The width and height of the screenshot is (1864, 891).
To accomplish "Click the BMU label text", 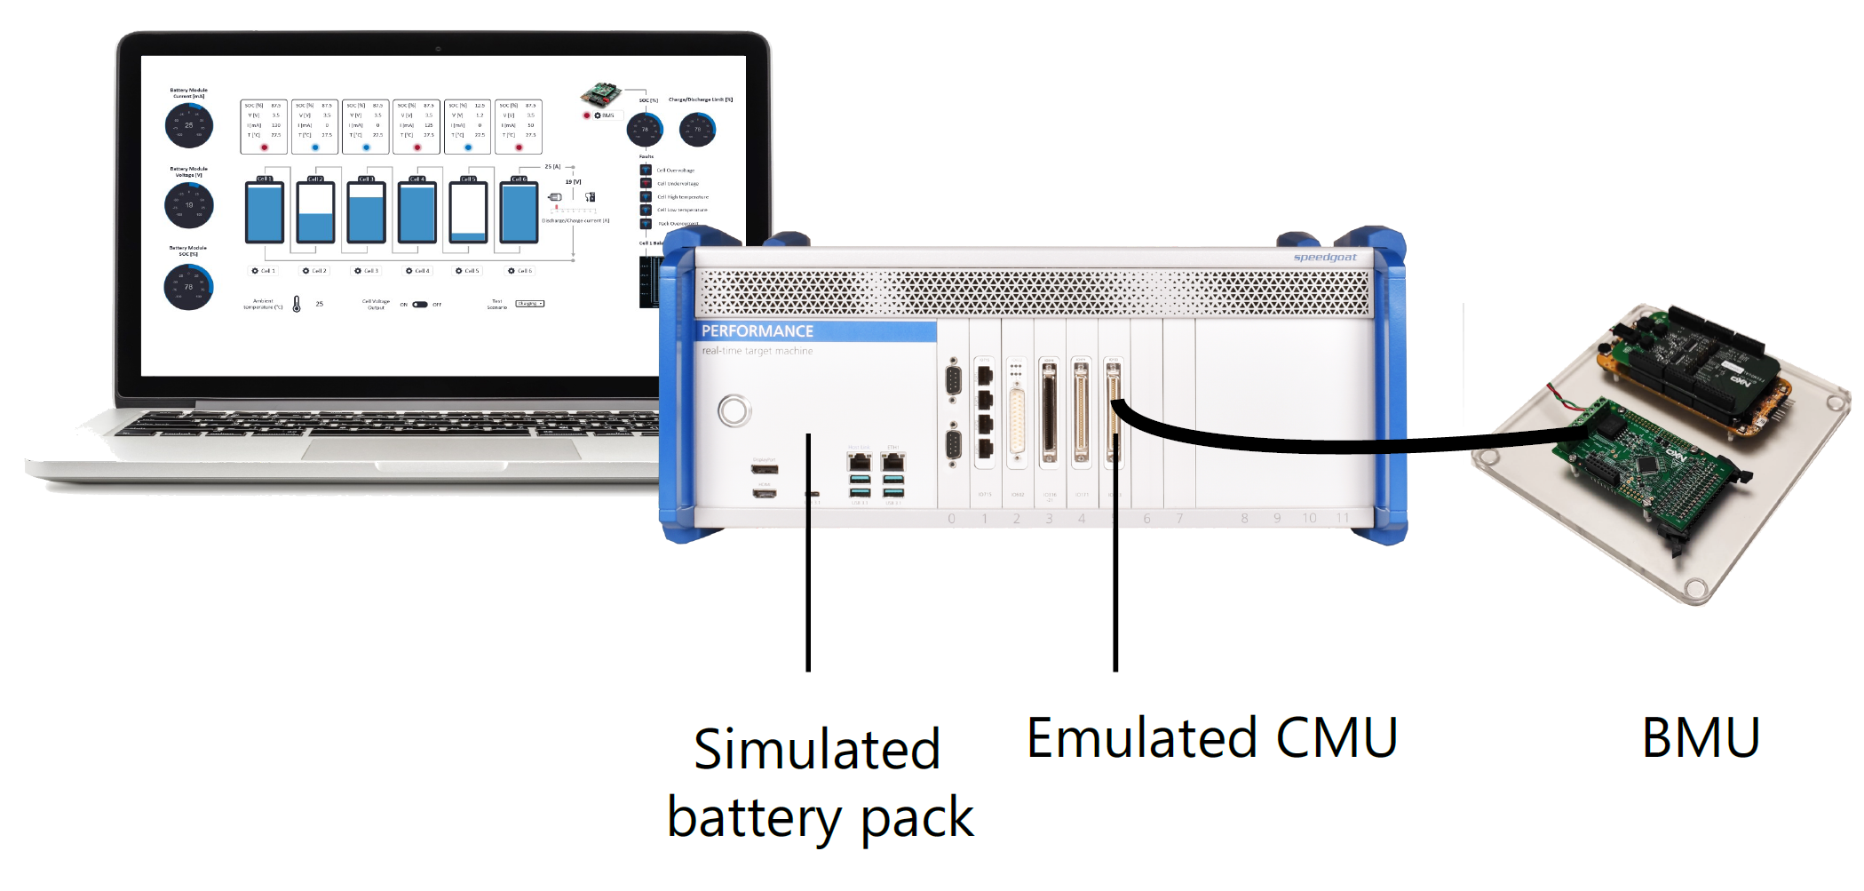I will (1700, 738).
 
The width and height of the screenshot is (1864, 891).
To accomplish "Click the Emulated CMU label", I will (1211, 738).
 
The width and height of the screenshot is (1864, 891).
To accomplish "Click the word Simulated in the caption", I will (816, 750).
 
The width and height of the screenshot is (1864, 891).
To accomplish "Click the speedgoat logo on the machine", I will (1324, 258).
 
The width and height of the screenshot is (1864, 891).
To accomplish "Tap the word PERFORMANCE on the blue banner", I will (757, 331).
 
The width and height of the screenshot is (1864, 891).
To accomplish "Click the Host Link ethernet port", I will (859, 461).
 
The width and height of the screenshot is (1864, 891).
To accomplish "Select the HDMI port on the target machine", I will (765, 492).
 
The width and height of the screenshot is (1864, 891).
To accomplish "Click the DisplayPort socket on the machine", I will (765, 469).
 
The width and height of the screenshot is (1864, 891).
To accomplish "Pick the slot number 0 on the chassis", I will (951, 519).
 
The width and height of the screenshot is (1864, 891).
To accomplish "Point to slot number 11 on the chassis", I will (1342, 518).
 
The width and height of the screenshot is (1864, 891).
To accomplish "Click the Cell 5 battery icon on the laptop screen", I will (468, 211).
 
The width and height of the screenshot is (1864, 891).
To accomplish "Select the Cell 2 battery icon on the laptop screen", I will (315, 211).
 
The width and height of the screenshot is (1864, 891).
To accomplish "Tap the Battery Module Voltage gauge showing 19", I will (189, 205).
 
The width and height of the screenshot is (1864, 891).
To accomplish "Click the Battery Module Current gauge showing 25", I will (189, 125).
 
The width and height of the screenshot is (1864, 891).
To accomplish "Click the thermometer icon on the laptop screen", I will (297, 304).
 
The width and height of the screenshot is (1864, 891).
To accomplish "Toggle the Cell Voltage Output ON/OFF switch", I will (420, 305).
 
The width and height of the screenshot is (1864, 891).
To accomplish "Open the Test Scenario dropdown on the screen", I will (529, 304).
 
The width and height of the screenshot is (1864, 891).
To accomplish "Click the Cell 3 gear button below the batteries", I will (366, 271).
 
